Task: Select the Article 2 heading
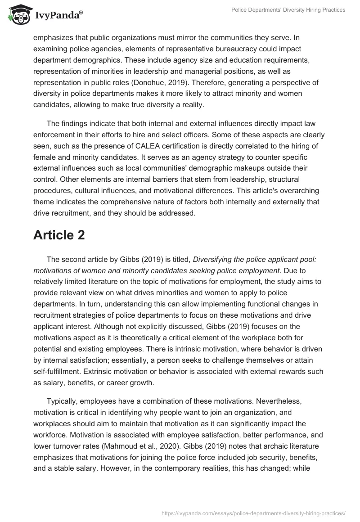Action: (x=59, y=235)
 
